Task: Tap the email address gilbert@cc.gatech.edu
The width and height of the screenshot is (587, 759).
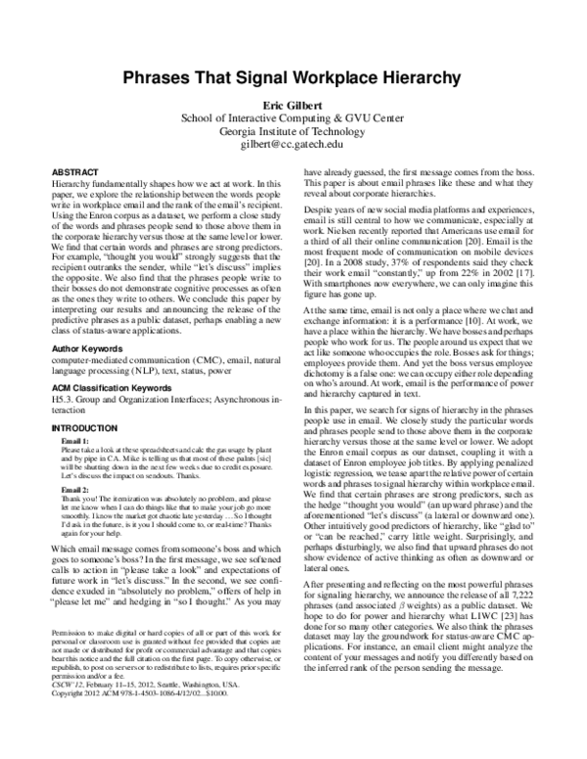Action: click(293, 144)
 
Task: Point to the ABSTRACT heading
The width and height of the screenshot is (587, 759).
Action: click(73, 170)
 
